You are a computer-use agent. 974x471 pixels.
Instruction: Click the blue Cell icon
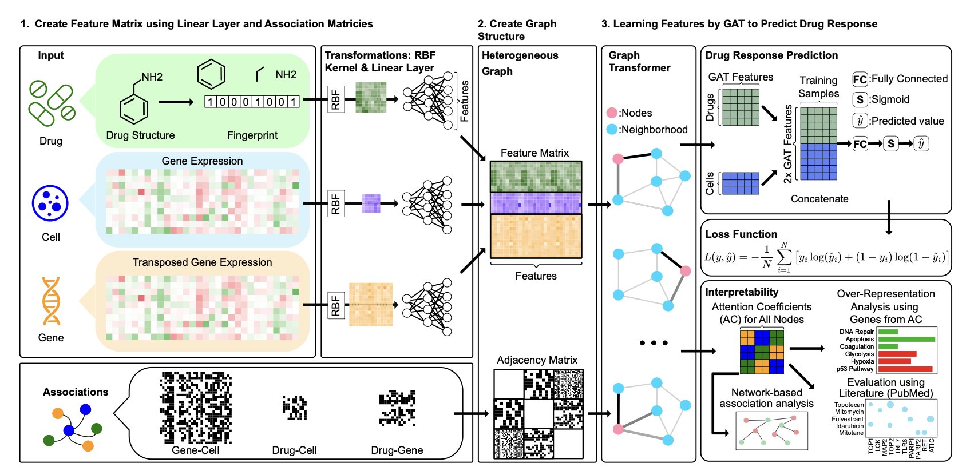pyautogui.click(x=50, y=203)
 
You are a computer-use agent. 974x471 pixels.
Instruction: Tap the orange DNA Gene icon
pyautogui.click(x=51, y=301)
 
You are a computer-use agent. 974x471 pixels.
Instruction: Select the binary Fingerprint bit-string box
pyautogui.click(x=252, y=102)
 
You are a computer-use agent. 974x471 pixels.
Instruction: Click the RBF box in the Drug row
pyautogui.click(x=335, y=99)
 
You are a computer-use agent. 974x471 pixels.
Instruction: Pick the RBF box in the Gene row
pyautogui.click(x=335, y=305)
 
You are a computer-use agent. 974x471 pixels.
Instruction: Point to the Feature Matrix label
pyautogui.click(x=534, y=153)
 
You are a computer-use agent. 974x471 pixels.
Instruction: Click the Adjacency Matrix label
pyautogui.click(x=537, y=360)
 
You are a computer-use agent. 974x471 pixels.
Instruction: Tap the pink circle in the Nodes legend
pyautogui.click(x=612, y=113)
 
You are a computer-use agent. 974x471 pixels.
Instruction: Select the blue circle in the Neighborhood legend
pyautogui.click(x=612, y=130)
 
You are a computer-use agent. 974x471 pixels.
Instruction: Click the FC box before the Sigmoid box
pyautogui.click(x=860, y=144)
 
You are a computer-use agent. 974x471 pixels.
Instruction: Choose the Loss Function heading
pyautogui.click(x=741, y=234)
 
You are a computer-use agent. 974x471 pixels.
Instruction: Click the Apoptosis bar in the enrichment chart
pyautogui.click(x=906, y=339)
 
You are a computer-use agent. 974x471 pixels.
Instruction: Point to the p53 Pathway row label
pyautogui.click(x=855, y=369)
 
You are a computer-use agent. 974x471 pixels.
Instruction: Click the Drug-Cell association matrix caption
pyautogui.click(x=294, y=450)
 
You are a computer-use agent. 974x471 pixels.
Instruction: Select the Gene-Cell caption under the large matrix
pyautogui.click(x=196, y=450)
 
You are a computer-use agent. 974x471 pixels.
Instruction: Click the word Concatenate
pyautogui.click(x=819, y=199)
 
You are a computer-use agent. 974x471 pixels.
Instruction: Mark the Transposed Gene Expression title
pyautogui.click(x=202, y=262)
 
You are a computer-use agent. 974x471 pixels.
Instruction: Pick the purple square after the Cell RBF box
pyautogui.click(x=371, y=203)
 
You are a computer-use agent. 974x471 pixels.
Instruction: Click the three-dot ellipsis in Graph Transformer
pyautogui.click(x=654, y=343)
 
